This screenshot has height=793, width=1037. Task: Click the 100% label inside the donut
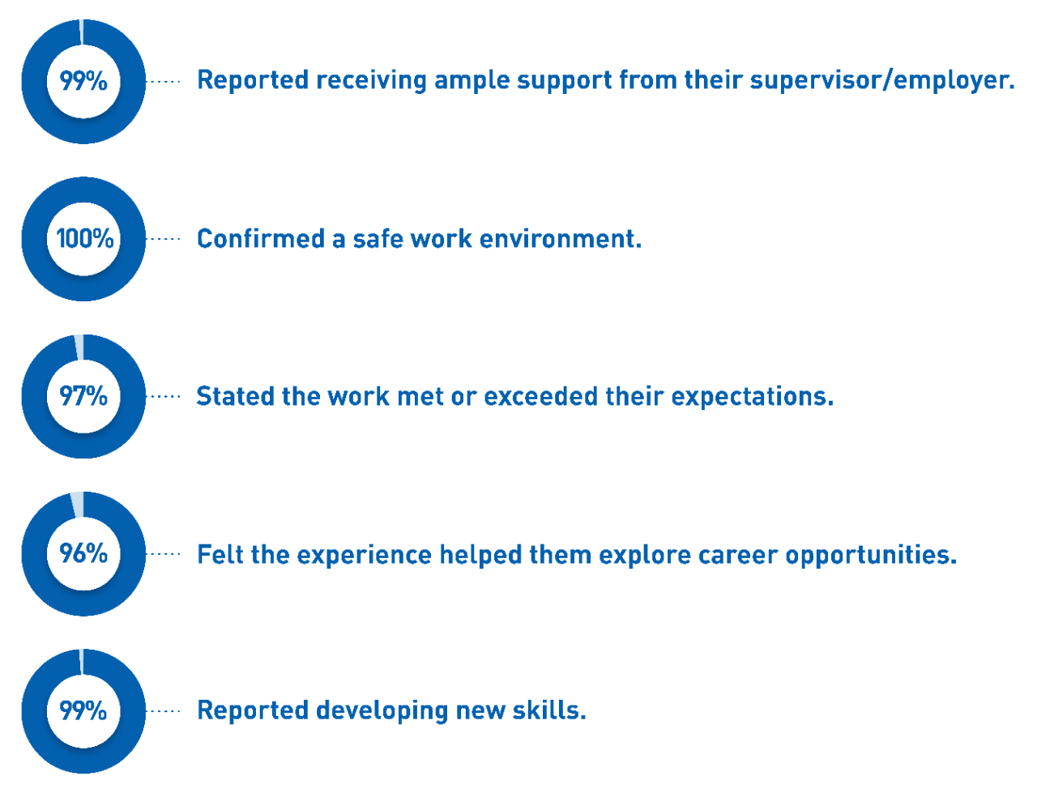pyautogui.click(x=85, y=238)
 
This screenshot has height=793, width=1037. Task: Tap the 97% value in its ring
pyautogui.click(x=83, y=396)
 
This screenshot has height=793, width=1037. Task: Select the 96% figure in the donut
pyautogui.click(x=83, y=553)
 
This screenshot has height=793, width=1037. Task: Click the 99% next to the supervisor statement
pyautogui.click(x=83, y=81)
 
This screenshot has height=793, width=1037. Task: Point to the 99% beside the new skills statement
pyautogui.click(x=83, y=710)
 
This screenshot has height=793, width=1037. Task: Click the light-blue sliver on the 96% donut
pyautogui.click(x=78, y=505)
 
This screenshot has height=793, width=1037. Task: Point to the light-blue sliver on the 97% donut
pyautogui.click(x=79, y=347)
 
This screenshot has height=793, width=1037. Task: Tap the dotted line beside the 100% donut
pyautogui.click(x=165, y=239)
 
